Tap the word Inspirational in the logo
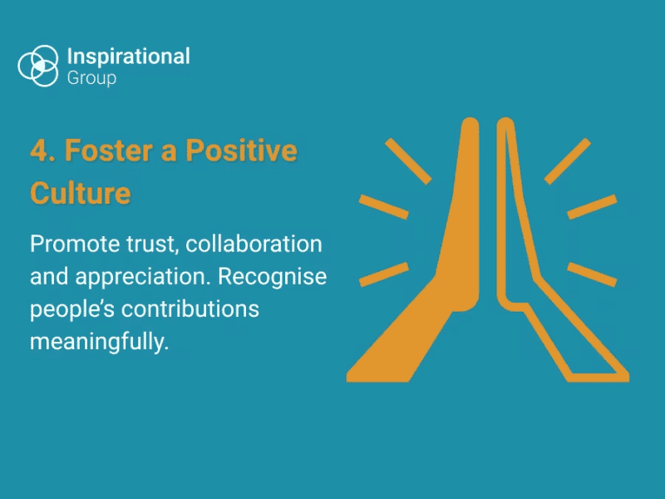[128, 57]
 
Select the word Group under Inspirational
[91, 79]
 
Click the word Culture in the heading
[81, 194]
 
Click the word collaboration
[254, 245]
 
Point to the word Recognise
[273, 277]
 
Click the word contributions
[190, 309]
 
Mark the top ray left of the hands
[408, 160]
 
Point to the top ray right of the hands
[568, 160]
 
